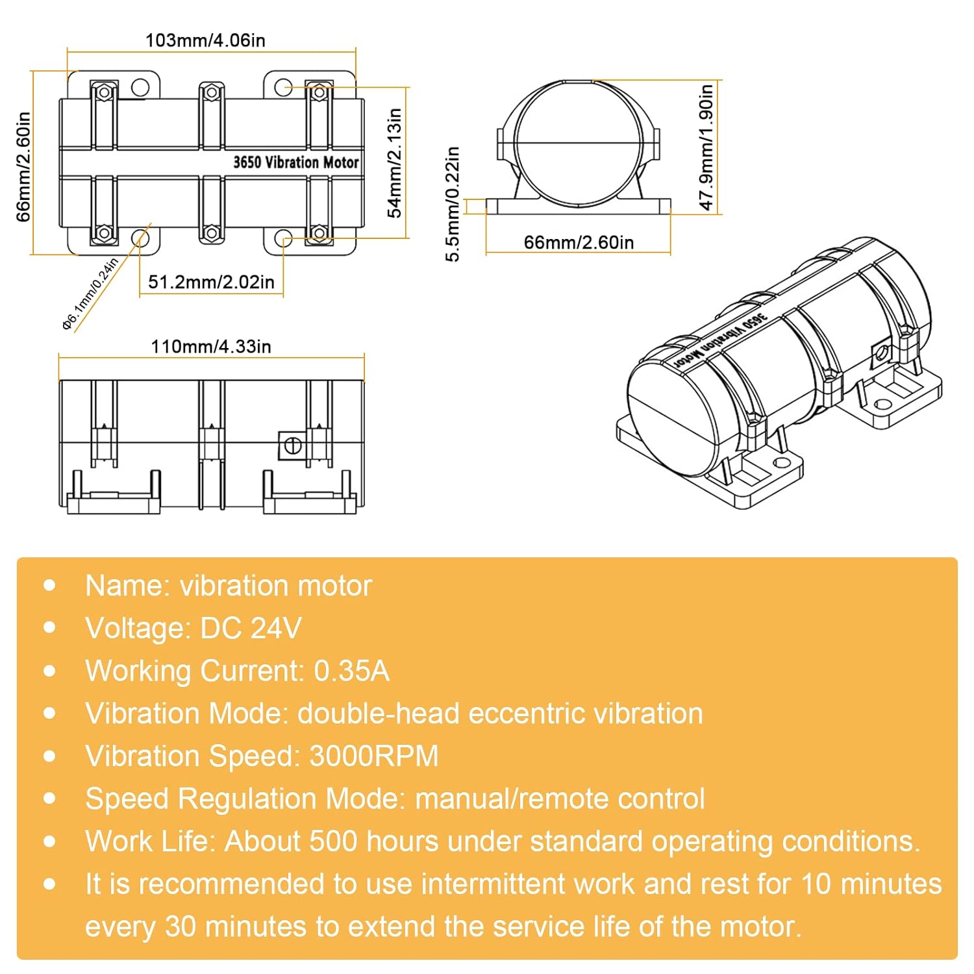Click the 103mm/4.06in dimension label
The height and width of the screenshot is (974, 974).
click(x=205, y=40)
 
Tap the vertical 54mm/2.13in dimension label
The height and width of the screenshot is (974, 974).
click(x=394, y=162)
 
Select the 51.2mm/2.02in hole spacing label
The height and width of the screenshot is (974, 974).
click(x=211, y=282)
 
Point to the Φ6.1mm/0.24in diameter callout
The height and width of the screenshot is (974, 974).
click(x=90, y=293)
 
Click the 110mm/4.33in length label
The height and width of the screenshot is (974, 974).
click(x=211, y=346)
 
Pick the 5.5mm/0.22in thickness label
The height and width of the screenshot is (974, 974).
click(x=453, y=204)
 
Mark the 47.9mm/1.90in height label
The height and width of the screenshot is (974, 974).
click(x=706, y=147)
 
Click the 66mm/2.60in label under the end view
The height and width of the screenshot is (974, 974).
click(x=579, y=242)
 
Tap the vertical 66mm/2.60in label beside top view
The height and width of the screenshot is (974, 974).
click(x=23, y=166)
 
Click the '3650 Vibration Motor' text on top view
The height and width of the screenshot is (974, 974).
click(x=295, y=162)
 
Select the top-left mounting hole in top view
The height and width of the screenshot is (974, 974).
click(x=140, y=87)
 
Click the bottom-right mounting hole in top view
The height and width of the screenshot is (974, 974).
click(x=283, y=238)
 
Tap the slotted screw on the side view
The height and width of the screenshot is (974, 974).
click(x=293, y=445)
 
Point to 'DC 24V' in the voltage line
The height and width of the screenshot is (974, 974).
click(x=251, y=629)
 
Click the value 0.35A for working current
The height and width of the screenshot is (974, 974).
click(x=351, y=671)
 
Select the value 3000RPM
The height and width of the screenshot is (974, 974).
click(x=374, y=756)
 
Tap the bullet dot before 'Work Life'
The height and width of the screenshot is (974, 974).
click(x=50, y=842)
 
